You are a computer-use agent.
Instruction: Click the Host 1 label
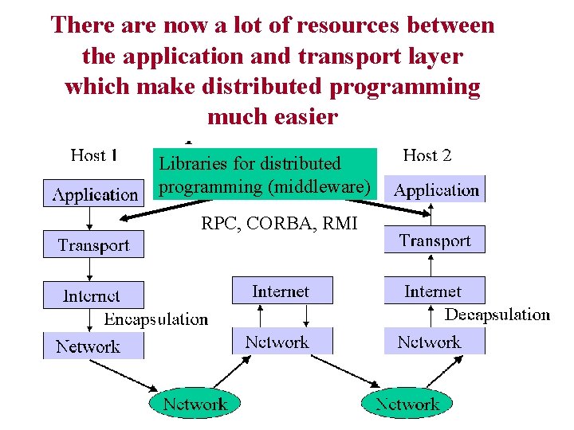[94, 155]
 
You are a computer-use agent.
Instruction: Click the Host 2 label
[427, 155]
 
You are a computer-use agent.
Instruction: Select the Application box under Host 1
[94, 194]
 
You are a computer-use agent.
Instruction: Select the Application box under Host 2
[435, 190]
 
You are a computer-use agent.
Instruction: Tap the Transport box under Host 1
[93, 245]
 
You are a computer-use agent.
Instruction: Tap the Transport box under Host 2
[434, 240]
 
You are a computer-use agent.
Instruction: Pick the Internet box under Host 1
[92, 295]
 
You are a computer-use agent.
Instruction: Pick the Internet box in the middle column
[281, 291]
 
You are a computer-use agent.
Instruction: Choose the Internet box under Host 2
[433, 291]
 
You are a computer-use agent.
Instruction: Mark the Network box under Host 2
[430, 342]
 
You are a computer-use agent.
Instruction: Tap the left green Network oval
[195, 404]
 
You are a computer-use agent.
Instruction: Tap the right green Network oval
[407, 404]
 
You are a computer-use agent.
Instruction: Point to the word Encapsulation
[156, 319]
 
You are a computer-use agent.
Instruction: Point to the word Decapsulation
[497, 315]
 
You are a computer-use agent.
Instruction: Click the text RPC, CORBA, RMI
[279, 224]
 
